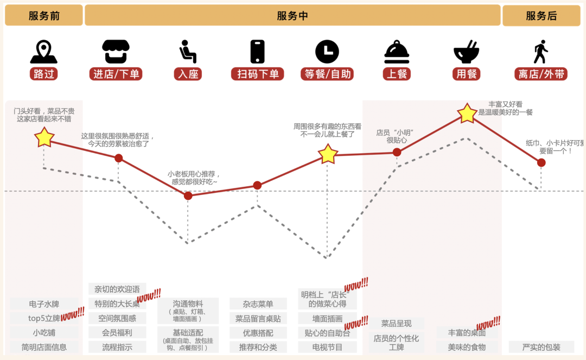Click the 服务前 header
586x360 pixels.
pos(44,16)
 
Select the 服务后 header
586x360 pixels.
pos(541,16)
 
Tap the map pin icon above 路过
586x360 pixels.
pos(44,52)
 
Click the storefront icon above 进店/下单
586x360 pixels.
pos(116,52)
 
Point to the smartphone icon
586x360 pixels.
pos(257,52)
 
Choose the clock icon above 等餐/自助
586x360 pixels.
pos(327,52)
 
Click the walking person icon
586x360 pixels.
pos(540,52)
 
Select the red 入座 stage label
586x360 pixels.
pos(188,74)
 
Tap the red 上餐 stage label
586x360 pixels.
pos(397,74)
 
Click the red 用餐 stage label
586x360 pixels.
pos(467,74)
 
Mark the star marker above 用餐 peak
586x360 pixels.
pos(467,113)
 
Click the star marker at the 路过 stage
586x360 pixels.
pos(44,137)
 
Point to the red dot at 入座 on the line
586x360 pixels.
pos(188,195)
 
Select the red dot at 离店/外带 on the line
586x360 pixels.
pos(541,162)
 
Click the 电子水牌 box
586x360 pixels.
pos(44,304)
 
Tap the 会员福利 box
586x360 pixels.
pos(117,332)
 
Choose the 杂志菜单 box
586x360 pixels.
pos(258,304)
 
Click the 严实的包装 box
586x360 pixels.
pos(541,347)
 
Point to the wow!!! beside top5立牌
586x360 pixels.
pos(72,313)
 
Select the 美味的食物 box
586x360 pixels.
pos(467,347)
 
